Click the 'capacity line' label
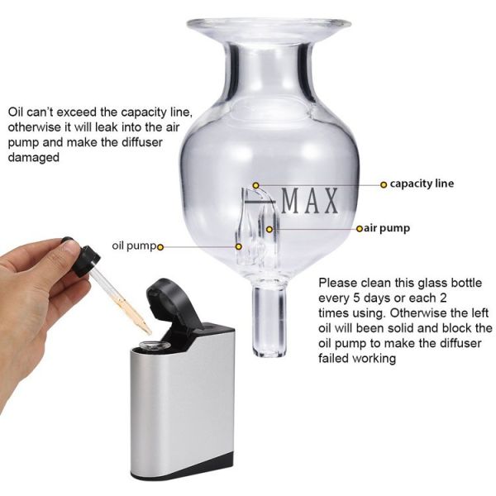click(422, 184)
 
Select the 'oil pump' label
click(134, 246)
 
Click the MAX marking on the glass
click(311, 201)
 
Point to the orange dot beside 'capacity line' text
click(384, 184)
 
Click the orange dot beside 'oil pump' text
click(160, 246)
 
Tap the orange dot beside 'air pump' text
click(358, 227)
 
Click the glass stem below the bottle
click(269, 318)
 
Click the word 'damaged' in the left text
click(33, 158)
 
